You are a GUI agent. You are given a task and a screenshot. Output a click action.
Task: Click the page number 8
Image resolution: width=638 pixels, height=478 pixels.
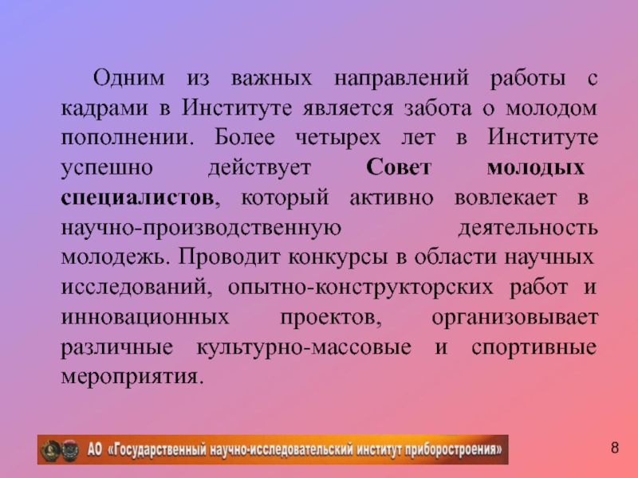[x=615, y=447]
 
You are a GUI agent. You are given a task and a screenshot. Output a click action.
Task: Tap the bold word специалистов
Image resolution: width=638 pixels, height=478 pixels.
[x=137, y=198]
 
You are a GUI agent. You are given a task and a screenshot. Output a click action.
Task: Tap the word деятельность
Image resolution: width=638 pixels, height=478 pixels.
[x=527, y=229]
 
